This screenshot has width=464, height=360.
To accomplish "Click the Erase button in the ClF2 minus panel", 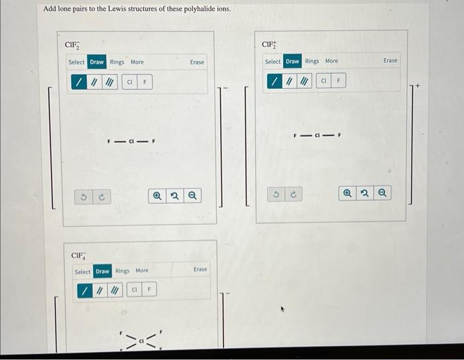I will (x=197, y=62).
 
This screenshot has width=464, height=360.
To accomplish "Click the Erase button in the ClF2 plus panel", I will (x=390, y=60).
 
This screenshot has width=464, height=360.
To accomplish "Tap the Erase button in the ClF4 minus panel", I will (x=200, y=269).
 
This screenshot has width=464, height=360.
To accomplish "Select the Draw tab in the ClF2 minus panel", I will (x=97, y=62).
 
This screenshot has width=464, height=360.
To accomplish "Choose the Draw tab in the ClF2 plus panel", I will (x=292, y=61).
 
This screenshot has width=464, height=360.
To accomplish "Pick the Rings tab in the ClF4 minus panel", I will (x=123, y=270).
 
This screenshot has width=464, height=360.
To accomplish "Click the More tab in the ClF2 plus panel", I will (x=331, y=61).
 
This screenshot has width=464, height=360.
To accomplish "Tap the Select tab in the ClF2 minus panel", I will (x=77, y=62).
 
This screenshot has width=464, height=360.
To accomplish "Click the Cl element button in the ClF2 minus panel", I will (x=130, y=82).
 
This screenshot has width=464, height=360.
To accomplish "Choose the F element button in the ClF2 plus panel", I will (x=338, y=81).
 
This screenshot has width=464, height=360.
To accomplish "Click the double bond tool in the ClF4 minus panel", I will (x=99, y=290).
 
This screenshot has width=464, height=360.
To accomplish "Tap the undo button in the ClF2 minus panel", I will (x=84, y=197).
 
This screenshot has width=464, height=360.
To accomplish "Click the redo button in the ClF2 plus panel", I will (x=294, y=194).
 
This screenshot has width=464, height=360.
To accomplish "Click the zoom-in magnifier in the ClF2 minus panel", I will (x=157, y=196).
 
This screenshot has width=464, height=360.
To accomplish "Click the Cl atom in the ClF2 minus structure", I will (x=133, y=141).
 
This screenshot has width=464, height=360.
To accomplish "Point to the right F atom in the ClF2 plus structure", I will (x=339, y=135).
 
